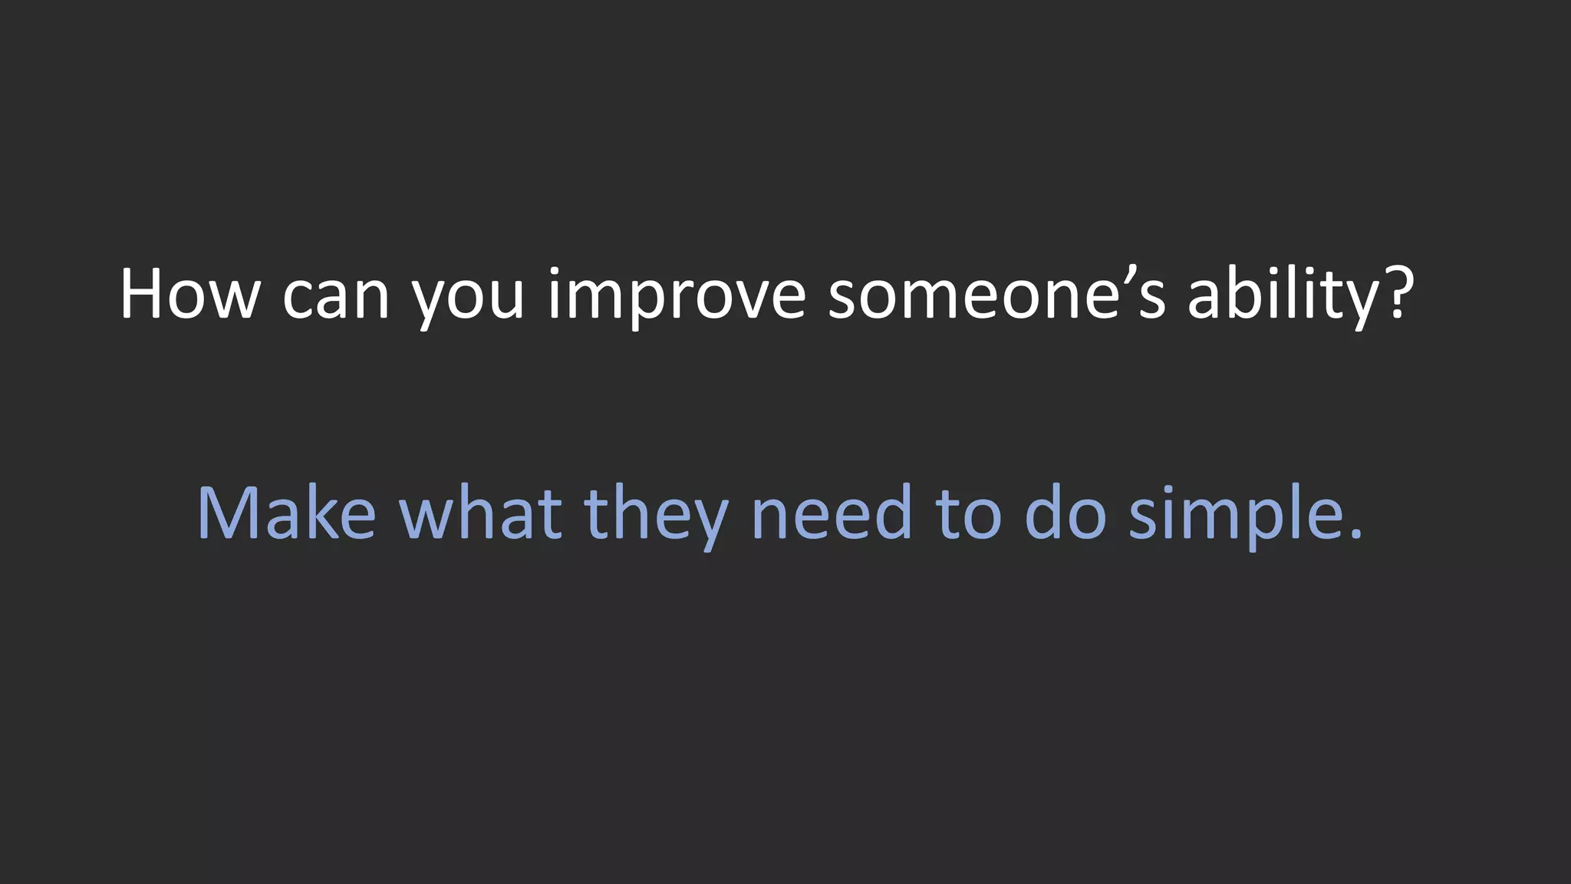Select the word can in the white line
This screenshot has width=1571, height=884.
tap(336, 295)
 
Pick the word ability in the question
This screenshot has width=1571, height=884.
tap(1283, 295)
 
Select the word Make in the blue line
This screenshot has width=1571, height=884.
tap(286, 513)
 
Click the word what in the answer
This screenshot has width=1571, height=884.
tap(481, 513)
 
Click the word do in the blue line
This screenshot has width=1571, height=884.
tap(1065, 513)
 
